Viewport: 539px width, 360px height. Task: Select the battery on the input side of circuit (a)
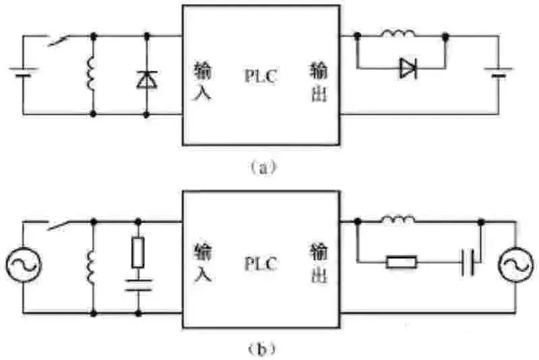coord(24,71)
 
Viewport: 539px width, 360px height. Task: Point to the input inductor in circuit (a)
coord(92,74)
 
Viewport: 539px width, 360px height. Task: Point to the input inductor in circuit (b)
coord(92,265)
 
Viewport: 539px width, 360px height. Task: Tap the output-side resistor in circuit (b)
coord(402,262)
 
